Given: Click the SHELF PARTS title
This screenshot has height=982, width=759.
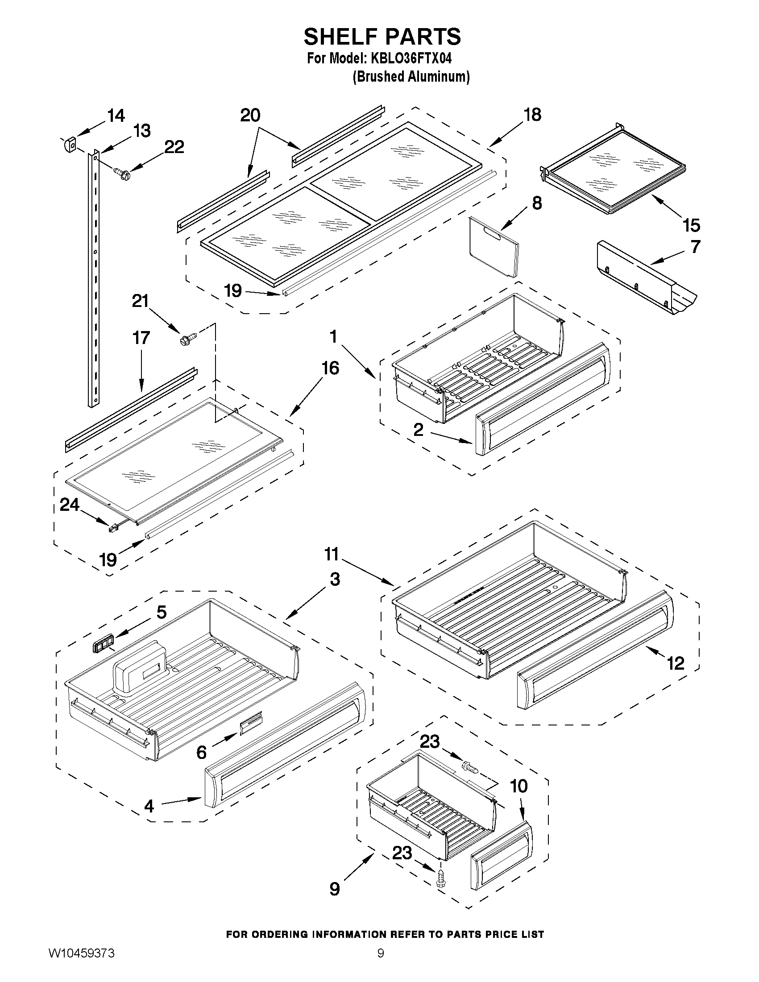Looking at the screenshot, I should coord(382,37).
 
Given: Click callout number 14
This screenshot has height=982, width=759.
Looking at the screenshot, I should coord(116,116).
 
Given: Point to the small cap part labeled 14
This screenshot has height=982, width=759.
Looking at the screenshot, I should coord(69,145).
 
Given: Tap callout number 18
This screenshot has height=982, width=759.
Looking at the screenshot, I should coord(532,115).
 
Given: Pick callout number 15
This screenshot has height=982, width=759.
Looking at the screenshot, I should coord(691,225).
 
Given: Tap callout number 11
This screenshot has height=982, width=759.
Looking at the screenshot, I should coord(332,555).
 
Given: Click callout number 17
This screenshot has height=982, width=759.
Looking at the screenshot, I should coord(141,338).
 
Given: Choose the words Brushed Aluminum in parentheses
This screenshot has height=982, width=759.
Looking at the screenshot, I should coord(411,77).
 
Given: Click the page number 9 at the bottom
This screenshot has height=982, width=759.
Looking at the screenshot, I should coord(381,964).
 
